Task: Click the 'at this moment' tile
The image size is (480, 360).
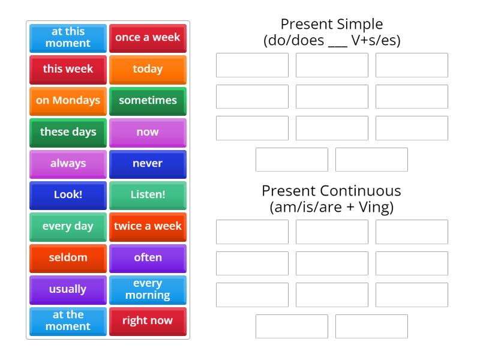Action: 68,37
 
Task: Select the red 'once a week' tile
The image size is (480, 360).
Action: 148,37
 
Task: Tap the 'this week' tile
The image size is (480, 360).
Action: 68,69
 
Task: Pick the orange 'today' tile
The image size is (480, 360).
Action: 148,69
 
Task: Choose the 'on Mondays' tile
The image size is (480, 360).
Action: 68,100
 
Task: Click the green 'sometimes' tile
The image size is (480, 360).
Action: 148,100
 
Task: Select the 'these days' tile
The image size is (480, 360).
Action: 68,132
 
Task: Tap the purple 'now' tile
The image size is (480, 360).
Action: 148,132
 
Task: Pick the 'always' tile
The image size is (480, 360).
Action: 68,163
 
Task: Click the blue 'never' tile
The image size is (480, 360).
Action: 148,163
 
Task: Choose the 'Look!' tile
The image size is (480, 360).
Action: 68,194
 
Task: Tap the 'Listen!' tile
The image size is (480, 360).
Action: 148,194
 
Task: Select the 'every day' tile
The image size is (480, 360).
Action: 68,226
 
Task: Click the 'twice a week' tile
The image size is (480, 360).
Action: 148,226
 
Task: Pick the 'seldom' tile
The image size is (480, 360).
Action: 68,257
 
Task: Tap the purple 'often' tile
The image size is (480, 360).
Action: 148,257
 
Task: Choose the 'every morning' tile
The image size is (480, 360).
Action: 148,289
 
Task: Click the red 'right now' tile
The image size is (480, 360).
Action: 148,320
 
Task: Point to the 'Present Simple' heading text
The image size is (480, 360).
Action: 331,25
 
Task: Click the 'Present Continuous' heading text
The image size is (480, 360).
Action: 331,191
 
